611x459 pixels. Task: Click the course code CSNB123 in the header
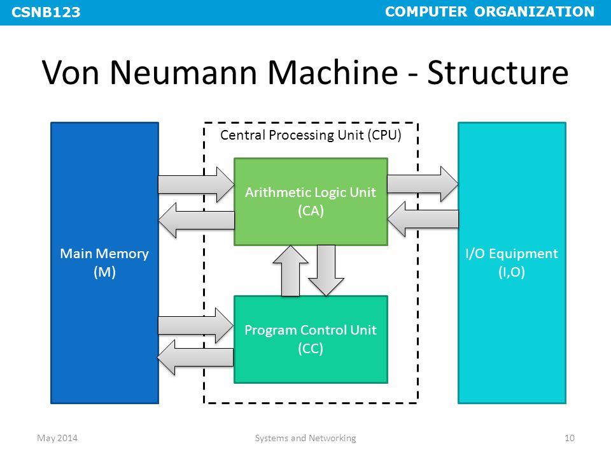(46, 12)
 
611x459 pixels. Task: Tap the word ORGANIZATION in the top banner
(534, 11)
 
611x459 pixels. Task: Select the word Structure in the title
(498, 72)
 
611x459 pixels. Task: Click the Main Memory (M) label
(104, 263)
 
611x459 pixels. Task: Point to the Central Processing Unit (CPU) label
(311, 135)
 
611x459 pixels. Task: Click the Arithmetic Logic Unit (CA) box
(311, 202)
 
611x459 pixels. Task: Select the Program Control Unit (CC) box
(311, 340)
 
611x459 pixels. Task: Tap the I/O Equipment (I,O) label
(512, 263)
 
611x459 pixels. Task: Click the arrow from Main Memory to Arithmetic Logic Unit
(196, 185)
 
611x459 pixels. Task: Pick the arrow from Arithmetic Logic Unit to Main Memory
(197, 220)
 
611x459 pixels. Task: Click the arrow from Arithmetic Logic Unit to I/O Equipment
(423, 184)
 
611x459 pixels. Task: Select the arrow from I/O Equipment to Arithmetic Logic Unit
(423, 219)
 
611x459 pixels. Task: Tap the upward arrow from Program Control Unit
(290, 270)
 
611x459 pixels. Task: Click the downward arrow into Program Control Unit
(326, 270)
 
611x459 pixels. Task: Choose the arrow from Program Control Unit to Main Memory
(195, 357)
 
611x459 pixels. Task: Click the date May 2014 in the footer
(57, 439)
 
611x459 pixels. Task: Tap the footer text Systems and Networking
(305, 439)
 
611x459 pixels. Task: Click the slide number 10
(569, 438)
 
